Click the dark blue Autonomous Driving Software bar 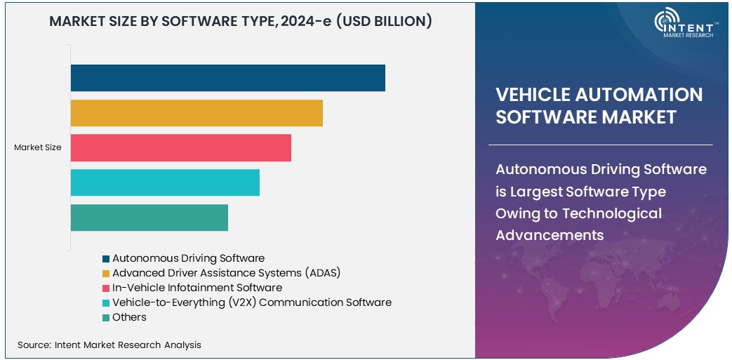click(x=227, y=78)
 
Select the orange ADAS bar click(x=197, y=113)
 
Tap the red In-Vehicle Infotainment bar click(x=180, y=148)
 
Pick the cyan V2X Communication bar click(x=165, y=182)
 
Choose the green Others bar click(x=149, y=218)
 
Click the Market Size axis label click(x=38, y=147)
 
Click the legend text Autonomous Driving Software click(x=188, y=258)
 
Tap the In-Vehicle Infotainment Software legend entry click(x=197, y=288)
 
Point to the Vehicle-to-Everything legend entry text click(x=251, y=302)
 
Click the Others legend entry click(x=129, y=317)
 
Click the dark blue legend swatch click(x=106, y=259)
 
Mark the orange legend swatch click(x=106, y=273)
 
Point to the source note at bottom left click(x=109, y=345)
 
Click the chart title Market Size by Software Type click(x=241, y=22)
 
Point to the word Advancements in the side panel click(x=550, y=235)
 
